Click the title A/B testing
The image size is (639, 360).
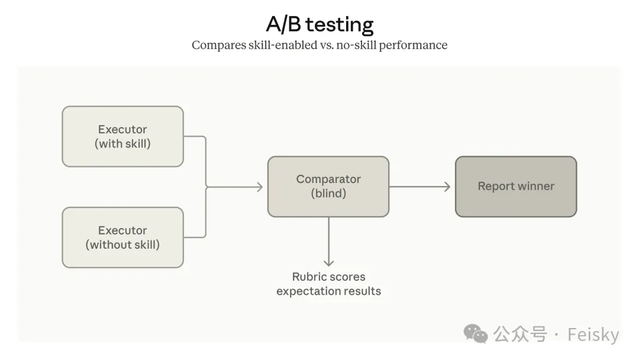[319, 24]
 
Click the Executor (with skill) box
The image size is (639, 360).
[122, 136]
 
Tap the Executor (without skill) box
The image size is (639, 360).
[122, 237]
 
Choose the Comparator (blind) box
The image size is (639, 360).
[328, 186]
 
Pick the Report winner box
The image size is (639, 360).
[515, 186]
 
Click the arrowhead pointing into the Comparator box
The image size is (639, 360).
[258, 187]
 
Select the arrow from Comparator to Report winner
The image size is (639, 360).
[420, 187]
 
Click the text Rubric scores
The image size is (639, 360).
[329, 277]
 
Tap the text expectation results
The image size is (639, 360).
[329, 291]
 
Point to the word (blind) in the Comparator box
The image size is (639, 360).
[328, 194]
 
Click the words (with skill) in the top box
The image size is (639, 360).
[122, 144]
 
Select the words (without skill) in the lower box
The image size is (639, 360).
[122, 245]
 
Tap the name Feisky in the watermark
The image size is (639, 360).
[593, 335]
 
